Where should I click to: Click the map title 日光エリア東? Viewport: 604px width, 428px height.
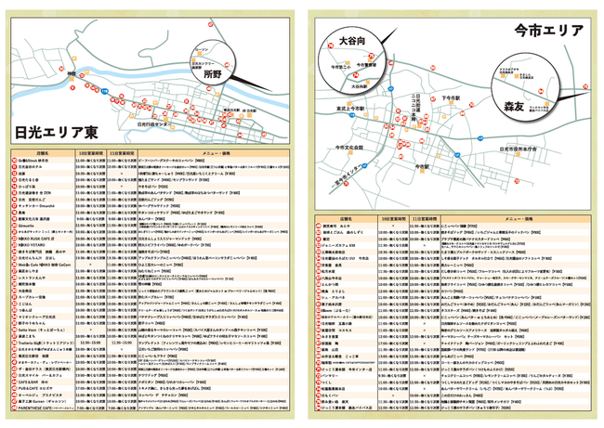tap(55, 131)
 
